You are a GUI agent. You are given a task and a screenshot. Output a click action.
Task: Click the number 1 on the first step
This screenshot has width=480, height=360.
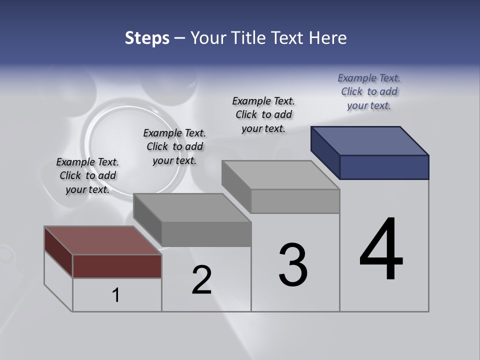(x=116, y=295)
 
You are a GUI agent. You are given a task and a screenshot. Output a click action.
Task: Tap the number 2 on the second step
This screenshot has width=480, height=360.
(x=201, y=280)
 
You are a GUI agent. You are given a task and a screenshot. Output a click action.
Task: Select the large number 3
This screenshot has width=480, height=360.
(x=293, y=265)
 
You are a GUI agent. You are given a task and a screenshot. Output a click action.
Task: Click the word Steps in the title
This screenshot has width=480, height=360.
(x=147, y=38)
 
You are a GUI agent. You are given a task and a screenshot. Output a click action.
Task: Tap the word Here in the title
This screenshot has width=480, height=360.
(x=327, y=38)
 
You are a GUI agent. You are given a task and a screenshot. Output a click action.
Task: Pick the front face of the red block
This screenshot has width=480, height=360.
(x=117, y=266)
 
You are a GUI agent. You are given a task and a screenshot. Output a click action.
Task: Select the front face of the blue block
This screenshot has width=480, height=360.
(x=384, y=167)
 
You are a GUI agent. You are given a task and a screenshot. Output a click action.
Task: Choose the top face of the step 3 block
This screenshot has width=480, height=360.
(x=280, y=175)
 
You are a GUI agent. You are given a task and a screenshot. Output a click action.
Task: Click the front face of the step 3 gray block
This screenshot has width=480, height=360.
(x=295, y=201)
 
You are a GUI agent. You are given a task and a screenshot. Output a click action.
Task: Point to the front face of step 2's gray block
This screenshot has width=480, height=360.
(x=206, y=234)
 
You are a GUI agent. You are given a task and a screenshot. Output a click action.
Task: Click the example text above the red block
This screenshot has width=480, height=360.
(x=87, y=175)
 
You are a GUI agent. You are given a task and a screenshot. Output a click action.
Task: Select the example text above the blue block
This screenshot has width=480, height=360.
(x=369, y=91)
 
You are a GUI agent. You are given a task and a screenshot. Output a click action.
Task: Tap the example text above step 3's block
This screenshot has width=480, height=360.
(x=263, y=114)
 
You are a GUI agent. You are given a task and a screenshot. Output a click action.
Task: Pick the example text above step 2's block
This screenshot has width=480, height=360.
(x=174, y=146)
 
